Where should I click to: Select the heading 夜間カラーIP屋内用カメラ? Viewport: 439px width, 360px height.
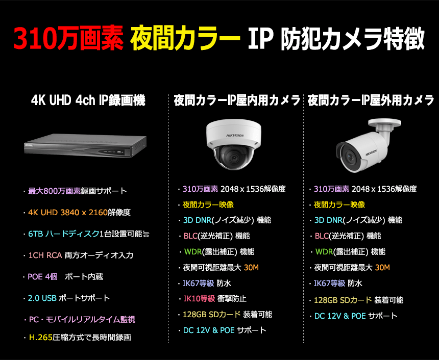[237, 100]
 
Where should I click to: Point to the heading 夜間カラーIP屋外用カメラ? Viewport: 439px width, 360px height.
[371, 100]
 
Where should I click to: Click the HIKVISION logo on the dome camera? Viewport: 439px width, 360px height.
[233, 135]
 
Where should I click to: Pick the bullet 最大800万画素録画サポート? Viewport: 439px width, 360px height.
[77, 192]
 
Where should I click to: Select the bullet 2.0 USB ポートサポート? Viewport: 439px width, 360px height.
[69, 298]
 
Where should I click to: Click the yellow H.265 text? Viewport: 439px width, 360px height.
[41, 337]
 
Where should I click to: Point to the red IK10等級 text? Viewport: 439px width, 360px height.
[199, 299]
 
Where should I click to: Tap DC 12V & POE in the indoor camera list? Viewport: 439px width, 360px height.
[209, 330]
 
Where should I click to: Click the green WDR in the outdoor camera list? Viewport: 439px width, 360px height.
[324, 252]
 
